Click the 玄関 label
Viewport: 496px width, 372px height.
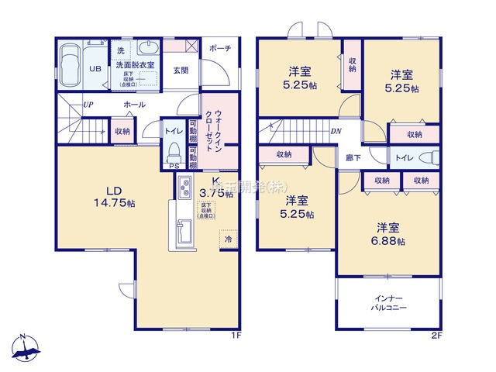click(180, 71)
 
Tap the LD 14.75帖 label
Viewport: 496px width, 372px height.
click(114, 197)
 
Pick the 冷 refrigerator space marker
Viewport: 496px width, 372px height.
click(228, 239)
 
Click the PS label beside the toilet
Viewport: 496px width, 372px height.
click(174, 166)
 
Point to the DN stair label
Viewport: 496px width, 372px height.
click(335, 130)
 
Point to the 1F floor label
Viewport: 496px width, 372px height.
click(237, 336)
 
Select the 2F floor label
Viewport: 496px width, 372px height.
click(436, 336)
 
